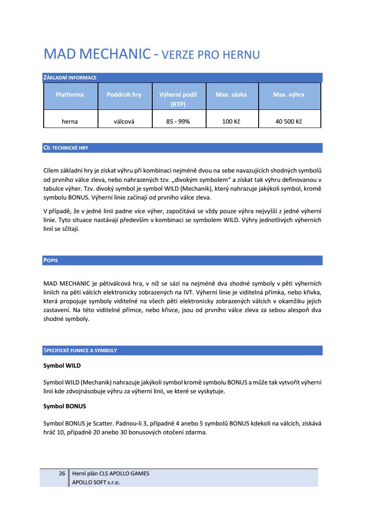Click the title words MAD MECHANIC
[x=97, y=54]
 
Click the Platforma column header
[x=70, y=94]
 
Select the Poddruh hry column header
[x=124, y=94]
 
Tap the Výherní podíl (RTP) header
[x=178, y=99]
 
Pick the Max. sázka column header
[x=231, y=94]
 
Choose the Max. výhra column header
[x=289, y=94]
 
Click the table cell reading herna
[x=70, y=121]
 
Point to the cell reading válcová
[x=124, y=121]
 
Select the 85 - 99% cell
[x=178, y=121]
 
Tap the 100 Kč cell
[x=231, y=121]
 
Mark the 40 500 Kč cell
[x=289, y=121]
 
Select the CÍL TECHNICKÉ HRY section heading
[x=66, y=148]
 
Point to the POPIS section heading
[x=50, y=260]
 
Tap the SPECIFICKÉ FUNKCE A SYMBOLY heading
[x=80, y=350]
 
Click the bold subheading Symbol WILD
[x=62, y=366]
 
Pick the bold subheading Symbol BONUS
[x=64, y=406]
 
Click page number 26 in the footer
[x=62, y=474]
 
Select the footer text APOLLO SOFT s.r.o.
[x=96, y=482]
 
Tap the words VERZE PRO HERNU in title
[x=211, y=55]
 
